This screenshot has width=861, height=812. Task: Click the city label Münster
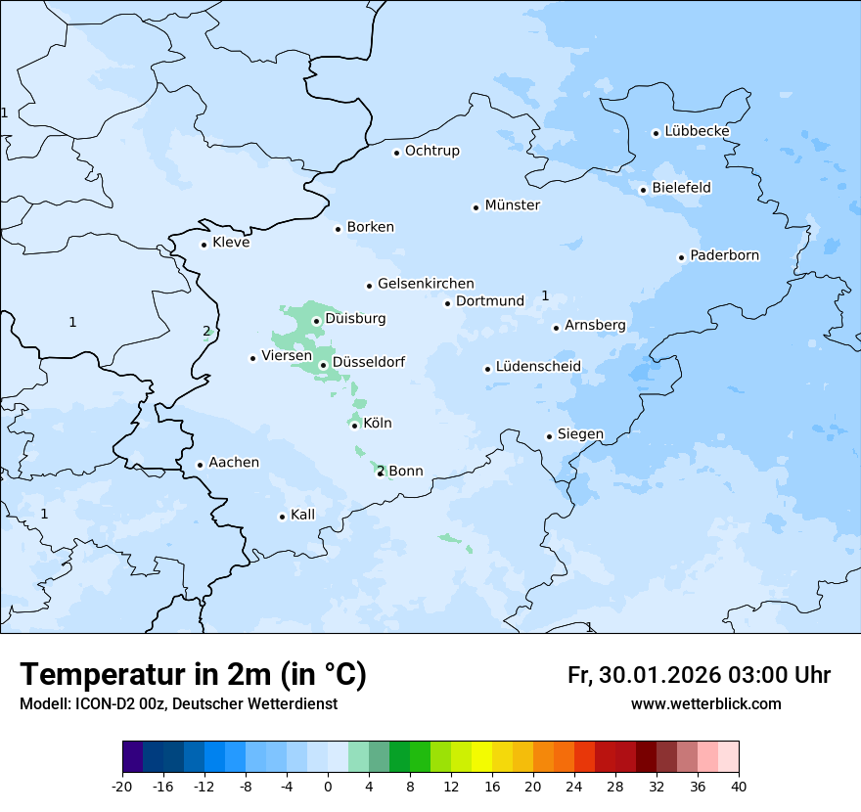click(x=513, y=205)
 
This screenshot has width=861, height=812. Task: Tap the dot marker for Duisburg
click(x=316, y=321)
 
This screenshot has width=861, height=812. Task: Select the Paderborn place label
click(x=724, y=255)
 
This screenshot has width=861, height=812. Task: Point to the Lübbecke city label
click(x=697, y=131)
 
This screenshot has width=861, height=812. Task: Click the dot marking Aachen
click(x=200, y=466)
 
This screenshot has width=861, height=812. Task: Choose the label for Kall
click(x=302, y=515)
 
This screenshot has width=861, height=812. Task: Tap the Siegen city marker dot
click(x=549, y=436)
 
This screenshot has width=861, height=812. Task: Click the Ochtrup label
click(x=431, y=151)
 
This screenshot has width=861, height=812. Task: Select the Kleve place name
click(x=231, y=243)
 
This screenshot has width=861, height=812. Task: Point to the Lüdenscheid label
click(x=538, y=367)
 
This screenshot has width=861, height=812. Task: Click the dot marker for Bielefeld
click(x=643, y=190)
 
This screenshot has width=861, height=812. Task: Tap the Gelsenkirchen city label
click(x=426, y=284)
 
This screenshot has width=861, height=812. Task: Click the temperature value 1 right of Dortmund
click(x=545, y=296)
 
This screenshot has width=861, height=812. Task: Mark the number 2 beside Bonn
click(x=380, y=471)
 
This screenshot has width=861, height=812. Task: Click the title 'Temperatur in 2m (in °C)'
click(x=193, y=675)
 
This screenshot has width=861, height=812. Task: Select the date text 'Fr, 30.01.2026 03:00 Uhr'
click(x=699, y=675)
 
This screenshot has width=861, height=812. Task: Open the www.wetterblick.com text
click(x=705, y=704)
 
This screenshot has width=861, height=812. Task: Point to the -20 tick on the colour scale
click(x=122, y=787)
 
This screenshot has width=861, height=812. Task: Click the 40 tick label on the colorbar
click(x=739, y=787)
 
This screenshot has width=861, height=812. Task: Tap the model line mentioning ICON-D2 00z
click(x=178, y=704)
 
